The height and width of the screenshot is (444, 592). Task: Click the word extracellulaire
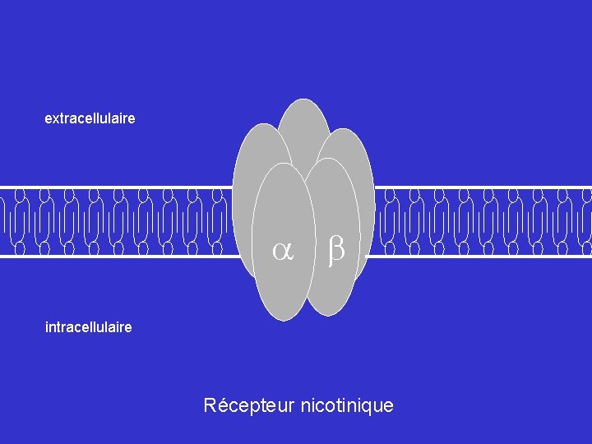click(90, 119)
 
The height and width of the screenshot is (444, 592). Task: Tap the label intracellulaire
click(88, 327)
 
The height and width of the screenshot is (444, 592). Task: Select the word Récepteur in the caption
click(249, 405)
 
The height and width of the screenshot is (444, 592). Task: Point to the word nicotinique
click(348, 405)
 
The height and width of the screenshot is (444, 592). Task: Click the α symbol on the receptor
click(284, 252)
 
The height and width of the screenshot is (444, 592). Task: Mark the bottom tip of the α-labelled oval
click(284, 318)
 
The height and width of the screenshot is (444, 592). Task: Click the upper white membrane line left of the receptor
click(115, 187)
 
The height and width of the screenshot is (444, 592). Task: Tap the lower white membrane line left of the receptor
click(115, 256)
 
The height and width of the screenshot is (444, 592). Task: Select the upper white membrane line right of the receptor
click(485, 187)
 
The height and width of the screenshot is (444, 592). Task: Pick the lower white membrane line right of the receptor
click(485, 256)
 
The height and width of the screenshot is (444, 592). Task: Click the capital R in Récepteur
click(210, 405)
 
